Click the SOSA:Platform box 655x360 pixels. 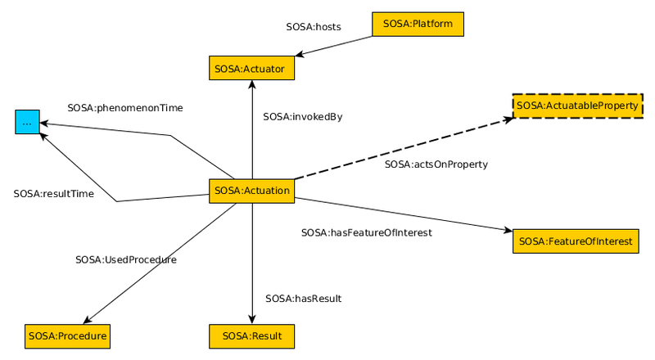click(x=418, y=25)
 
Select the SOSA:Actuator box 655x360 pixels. click(x=251, y=69)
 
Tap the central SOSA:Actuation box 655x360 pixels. click(x=251, y=191)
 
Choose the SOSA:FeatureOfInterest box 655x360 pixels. click(x=576, y=241)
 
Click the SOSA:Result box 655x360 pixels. click(x=251, y=335)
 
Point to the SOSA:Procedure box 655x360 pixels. click(x=67, y=335)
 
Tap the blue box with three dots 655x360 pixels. click(x=27, y=122)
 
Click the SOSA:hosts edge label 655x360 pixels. click(x=314, y=27)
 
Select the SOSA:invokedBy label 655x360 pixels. click(x=302, y=117)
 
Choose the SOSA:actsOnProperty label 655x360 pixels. click(x=436, y=164)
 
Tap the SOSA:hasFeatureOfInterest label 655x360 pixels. click(x=366, y=232)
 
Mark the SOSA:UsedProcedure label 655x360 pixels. click(x=126, y=259)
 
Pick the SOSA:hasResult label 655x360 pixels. click(x=303, y=299)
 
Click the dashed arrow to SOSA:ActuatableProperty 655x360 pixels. click(x=401, y=149)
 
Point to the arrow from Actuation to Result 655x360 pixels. click(x=251, y=262)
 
